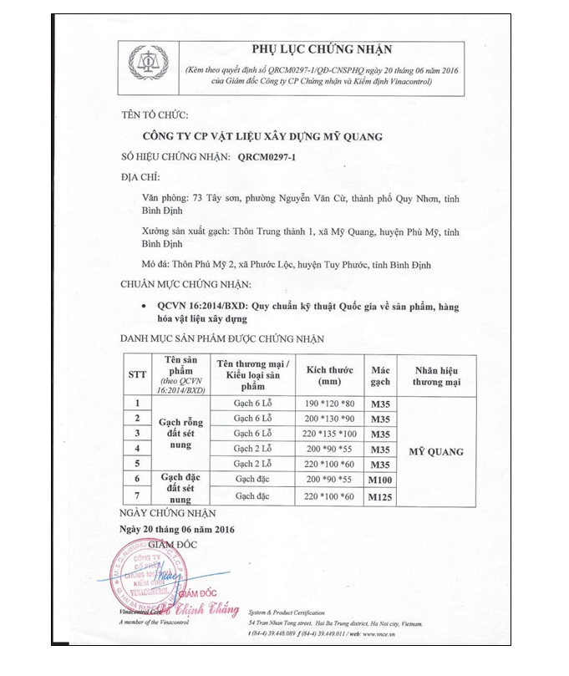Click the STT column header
138,375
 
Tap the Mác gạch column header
381,375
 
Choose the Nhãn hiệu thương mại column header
436,375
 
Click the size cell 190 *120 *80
328,403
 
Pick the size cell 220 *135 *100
328,433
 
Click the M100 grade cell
381,480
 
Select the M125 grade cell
381,496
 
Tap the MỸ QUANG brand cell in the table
436,452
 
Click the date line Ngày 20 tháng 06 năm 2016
177,530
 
